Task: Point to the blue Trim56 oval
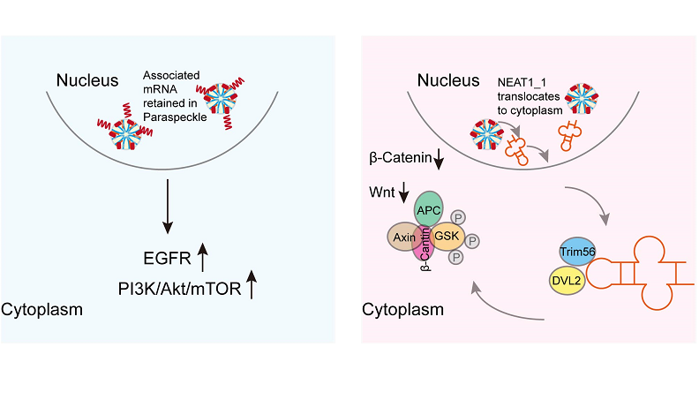click(x=578, y=252)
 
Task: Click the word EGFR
click(x=168, y=260)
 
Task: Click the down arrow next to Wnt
click(x=405, y=191)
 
